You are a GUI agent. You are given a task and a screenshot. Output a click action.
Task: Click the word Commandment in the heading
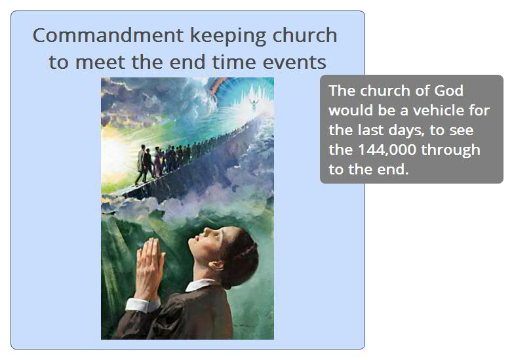click(x=108, y=35)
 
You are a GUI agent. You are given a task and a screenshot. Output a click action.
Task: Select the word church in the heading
click(x=304, y=35)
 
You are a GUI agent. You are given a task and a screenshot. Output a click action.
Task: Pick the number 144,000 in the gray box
click(x=387, y=150)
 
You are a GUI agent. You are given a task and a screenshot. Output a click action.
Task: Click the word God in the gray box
click(x=448, y=90)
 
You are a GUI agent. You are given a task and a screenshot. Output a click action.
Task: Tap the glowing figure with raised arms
click(x=253, y=105)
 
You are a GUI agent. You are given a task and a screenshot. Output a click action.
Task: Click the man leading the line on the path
click(x=142, y=164)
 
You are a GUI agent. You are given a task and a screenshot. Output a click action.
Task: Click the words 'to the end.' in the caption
click(x=368, y=170)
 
